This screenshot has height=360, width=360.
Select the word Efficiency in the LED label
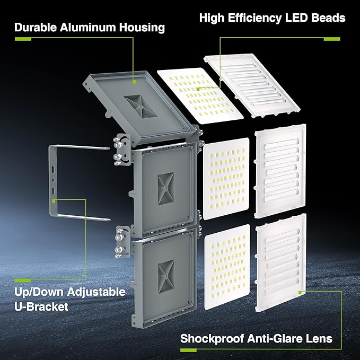pyautogui.click(x=262, y=18)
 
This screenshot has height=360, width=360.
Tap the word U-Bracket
pyautogui.click(x=42, y=306)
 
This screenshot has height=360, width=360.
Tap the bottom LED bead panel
pyautogui.click(x=226, y=265)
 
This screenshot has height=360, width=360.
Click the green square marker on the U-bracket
pyautogui.click(x=55, y=200)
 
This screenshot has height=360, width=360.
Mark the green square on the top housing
pyautogui.click(x=135, y=82)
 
